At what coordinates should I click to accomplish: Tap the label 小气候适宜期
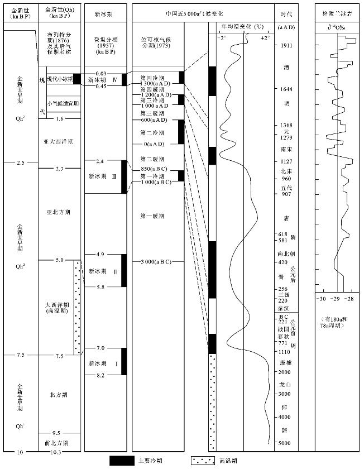59,103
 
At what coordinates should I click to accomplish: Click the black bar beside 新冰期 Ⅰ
124,361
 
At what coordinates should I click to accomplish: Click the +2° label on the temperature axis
264,38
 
